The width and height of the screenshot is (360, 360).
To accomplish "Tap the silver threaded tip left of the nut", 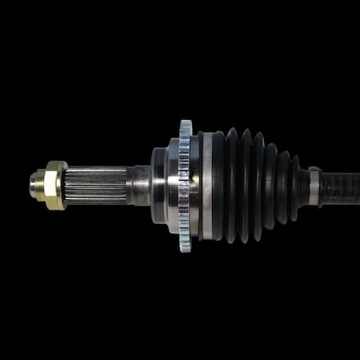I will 35,186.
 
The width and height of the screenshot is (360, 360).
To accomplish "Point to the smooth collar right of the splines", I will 141,186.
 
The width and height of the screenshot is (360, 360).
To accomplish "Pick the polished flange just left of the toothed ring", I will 173,186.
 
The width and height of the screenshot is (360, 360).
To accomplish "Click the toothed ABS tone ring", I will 186,186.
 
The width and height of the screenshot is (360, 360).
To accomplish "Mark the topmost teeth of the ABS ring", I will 186,126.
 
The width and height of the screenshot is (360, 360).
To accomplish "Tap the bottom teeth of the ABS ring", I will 186,246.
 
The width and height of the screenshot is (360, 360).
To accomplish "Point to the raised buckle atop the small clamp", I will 314,169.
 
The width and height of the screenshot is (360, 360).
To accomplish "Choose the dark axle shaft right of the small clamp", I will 340,189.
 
